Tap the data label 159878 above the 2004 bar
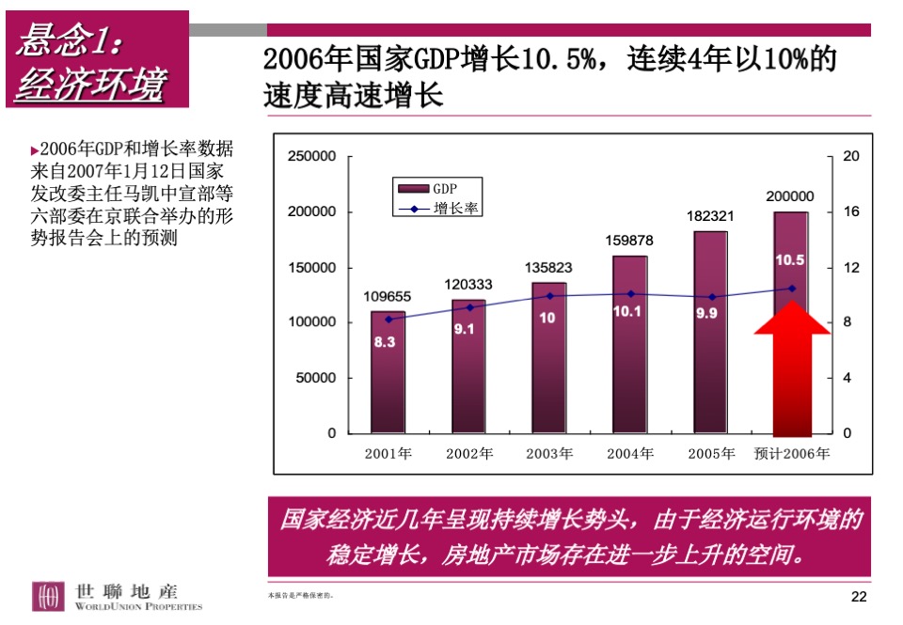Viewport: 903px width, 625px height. pos(630,241)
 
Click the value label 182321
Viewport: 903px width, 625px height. pos(710,216)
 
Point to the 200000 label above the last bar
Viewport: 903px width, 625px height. pos(790,196)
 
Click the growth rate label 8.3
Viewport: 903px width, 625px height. pos(385,343)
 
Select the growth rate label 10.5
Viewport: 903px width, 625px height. pos(789,259)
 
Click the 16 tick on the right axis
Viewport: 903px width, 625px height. pos(850,212)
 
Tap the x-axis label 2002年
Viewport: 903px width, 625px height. pos(468,454)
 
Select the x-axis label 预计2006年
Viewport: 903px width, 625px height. pos(791,454)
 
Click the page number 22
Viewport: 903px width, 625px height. pos(858,597)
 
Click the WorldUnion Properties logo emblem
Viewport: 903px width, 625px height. pos(47,596)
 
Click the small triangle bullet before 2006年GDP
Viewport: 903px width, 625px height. pos(35,150)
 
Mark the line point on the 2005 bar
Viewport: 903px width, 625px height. pos(711,297)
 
